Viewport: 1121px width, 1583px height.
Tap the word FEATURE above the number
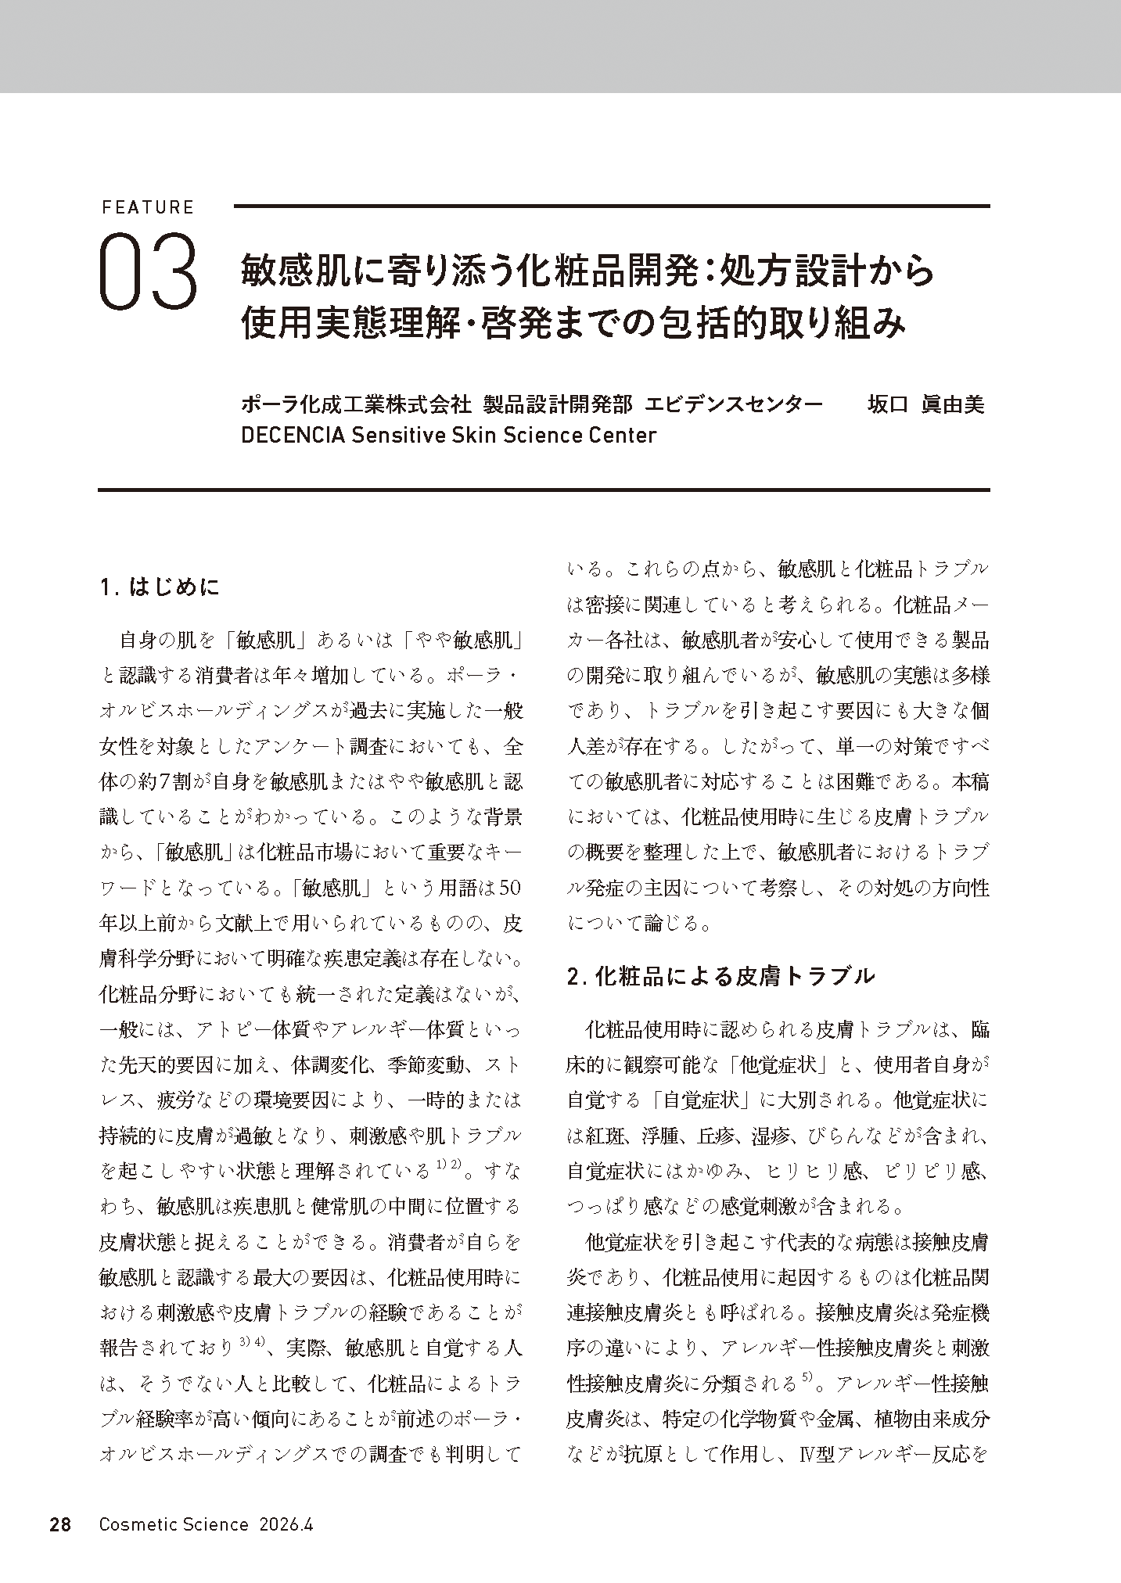coord(147,207)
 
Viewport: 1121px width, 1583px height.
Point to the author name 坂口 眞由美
coord(925,404)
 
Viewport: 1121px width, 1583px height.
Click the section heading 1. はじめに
coord(160,587)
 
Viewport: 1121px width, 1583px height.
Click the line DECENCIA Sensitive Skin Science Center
coord(449,435)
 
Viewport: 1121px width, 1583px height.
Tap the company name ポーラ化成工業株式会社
coord(357,404)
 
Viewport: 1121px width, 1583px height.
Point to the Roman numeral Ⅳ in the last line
coord(807,1454)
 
